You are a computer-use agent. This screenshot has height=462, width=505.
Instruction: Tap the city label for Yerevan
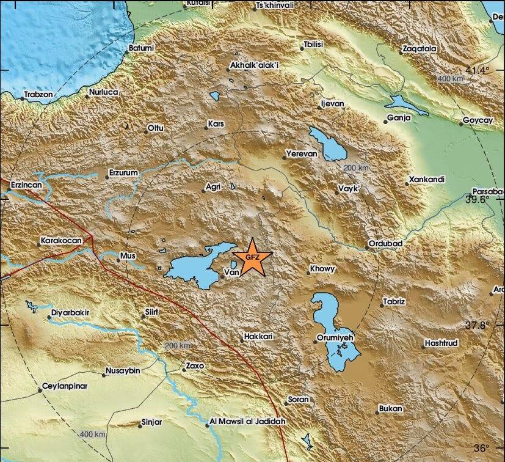302,154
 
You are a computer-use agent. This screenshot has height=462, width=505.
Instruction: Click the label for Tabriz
394,302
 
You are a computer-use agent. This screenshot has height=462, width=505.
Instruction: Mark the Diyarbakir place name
70,312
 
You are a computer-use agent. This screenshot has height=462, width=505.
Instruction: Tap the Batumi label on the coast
140,48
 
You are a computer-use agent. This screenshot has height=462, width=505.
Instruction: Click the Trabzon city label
38,95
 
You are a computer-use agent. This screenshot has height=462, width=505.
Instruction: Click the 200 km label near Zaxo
177,346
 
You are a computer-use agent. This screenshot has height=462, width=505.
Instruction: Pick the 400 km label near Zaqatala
450,79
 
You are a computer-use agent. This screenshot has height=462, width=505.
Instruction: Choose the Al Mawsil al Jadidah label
243,421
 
